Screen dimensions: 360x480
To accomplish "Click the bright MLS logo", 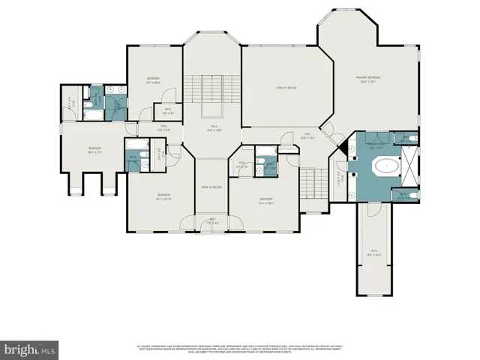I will click(30, 349).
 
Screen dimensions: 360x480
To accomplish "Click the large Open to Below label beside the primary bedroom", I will click(287, 88).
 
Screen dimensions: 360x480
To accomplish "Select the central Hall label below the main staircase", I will click(214, 127).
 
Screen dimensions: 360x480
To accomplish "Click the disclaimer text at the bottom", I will click(240, 348).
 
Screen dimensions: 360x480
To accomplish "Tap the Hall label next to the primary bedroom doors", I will click(307, 137).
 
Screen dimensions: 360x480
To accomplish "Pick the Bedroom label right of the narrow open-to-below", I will click(266, 200).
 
